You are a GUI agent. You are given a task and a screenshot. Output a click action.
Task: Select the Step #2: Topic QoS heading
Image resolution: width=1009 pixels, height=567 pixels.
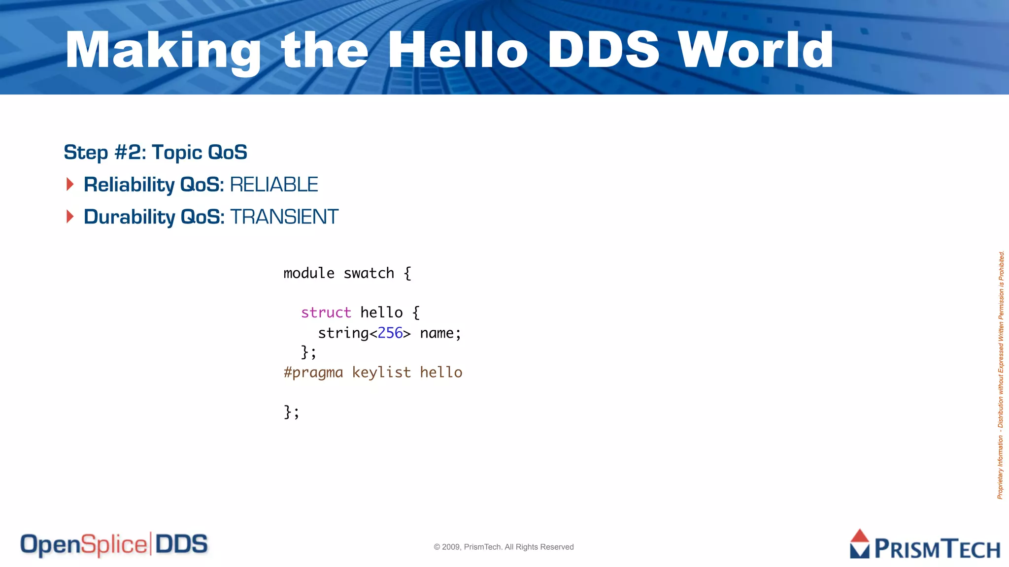tap(155, 153)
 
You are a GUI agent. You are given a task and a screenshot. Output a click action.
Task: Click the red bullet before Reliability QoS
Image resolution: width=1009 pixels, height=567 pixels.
tap(70, 185)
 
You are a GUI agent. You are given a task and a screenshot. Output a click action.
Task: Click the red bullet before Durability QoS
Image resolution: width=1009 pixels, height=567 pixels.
tap(70, 217)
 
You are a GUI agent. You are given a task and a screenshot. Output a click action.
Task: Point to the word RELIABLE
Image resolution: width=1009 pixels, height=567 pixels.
tap(274, 185)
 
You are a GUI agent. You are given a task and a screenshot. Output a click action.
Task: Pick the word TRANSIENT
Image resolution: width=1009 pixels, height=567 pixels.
tap(284, 217)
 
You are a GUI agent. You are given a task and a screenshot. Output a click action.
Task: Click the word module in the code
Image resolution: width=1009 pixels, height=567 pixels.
tap(309, 273)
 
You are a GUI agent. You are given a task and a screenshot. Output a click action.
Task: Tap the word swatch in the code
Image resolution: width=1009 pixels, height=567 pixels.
tap(369, 273)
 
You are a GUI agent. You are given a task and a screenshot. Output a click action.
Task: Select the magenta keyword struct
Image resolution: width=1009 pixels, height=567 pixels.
tap(326, 313)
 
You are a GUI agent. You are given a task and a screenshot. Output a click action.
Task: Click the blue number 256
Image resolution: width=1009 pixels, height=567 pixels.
tap(390, 333)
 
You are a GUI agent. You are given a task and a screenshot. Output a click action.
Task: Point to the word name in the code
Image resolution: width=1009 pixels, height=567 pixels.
tap(437, 333)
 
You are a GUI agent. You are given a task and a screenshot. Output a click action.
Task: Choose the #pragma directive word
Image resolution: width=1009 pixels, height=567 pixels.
tap(313, 373)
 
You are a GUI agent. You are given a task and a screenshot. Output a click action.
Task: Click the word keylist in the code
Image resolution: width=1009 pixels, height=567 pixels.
tap(381, 373)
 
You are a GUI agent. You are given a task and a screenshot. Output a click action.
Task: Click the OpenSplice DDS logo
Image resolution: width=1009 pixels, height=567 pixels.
tap(114, 544)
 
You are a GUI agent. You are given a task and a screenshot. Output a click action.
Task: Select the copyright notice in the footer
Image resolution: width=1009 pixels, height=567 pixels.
tap(504, 547)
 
